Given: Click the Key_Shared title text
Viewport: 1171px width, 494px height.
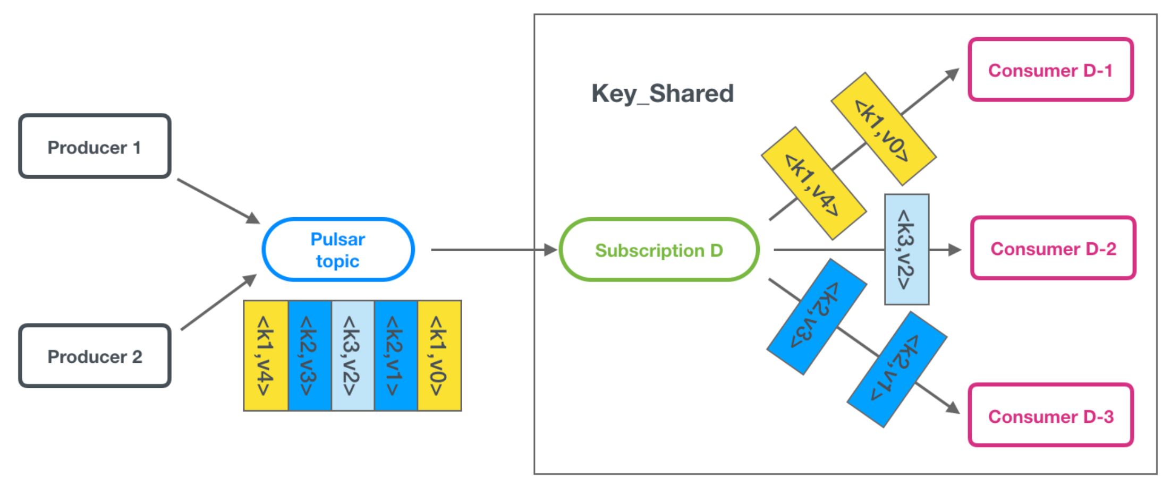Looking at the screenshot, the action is click(x=663, y=93).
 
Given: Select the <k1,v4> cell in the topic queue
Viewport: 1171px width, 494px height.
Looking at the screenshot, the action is click(x=266, y=355).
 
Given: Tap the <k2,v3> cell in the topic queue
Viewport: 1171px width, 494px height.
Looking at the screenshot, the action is click(x=309, y=355).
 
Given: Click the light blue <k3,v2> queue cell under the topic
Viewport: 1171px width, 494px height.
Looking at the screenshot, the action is click(x=353, y=355).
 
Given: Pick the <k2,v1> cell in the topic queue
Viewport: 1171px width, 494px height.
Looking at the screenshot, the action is click(x=396, y=355).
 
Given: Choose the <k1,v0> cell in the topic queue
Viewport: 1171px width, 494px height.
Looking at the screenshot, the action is click(x=439, y=355).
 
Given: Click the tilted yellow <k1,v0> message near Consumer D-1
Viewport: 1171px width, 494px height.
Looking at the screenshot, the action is click(x=883, y=129).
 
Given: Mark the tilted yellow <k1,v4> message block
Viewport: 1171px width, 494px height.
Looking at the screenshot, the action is click(x=813, y=183).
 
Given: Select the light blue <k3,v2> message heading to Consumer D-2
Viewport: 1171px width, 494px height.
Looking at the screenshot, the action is click(x=906, y=249).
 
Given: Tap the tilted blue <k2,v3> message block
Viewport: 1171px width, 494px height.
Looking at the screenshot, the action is click(x=817, y=317).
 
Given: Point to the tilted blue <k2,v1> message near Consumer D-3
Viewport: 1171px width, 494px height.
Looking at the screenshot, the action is click(x=896, y=369).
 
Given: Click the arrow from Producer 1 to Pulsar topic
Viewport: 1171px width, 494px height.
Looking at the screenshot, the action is click(x=218, y=201).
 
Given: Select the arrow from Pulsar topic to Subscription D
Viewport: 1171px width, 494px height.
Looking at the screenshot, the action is click(x=494, y=250).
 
